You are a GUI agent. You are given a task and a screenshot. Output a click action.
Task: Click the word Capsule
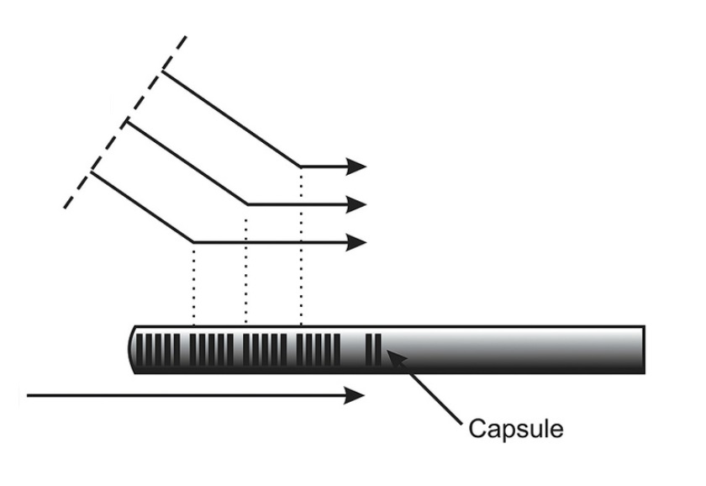pos(515,428)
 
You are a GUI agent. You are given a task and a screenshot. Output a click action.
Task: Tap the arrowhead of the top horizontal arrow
pos(356,166)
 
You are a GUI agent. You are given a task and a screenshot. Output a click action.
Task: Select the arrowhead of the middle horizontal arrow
pos(356,204)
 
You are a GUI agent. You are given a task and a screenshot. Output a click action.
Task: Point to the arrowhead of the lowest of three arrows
pos(356,242)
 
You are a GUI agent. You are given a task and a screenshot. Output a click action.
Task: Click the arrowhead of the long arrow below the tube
pos(355,395)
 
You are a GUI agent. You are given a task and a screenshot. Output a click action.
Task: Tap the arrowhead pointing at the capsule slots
pos(396,357)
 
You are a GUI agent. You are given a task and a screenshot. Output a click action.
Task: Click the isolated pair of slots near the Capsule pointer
pos(373,350)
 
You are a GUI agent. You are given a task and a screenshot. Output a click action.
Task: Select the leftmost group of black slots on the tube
pos(158,350)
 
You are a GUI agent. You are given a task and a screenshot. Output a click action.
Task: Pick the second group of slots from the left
pos(212,350)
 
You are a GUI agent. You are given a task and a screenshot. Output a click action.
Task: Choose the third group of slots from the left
pos(265,350)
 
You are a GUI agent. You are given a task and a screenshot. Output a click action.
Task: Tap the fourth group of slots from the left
pos(319,350)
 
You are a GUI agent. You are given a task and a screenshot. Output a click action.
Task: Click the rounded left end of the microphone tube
pos(131,350)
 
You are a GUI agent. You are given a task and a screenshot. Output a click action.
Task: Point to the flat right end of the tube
pos(645,350)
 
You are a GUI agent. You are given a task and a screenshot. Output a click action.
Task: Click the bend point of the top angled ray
pos(300,166)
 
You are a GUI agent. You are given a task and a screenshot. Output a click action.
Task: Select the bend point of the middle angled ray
pos(247,204)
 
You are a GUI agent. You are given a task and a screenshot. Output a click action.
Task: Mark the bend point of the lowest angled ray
pos(193,242)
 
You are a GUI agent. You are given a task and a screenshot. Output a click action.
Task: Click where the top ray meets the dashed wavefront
pos(162,71)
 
